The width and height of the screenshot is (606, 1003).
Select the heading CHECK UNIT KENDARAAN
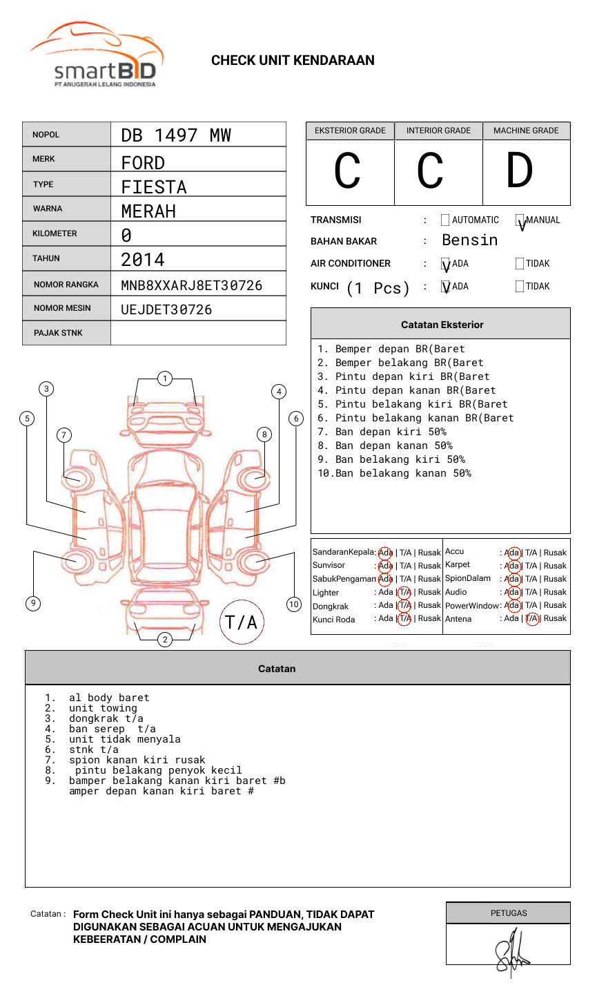click(293, 61)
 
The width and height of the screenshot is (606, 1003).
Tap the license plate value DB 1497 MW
click(176, 135)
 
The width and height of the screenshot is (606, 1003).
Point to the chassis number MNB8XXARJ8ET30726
click(191, 285)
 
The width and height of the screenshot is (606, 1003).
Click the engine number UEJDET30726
click(166, 309)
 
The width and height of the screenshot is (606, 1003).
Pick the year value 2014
click(143, 260)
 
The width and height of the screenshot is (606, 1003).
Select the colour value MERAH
click(148, 211)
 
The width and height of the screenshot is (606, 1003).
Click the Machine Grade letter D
click(519, 171)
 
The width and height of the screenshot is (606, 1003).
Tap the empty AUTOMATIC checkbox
click(445, 220)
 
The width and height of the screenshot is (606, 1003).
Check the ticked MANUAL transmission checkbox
click(520, 220)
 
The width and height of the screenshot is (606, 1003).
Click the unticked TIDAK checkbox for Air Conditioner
click(520, 264)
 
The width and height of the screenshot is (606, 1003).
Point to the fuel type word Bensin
click(469, 240)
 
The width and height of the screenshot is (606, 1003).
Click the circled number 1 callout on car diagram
click(164, 378)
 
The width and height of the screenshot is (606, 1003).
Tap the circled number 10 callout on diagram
click(294, 604)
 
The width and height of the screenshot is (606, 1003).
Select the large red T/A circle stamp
click(241, 622)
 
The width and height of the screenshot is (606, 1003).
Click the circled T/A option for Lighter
click(404, 592)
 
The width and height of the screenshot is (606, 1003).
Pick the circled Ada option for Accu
click(512, 553)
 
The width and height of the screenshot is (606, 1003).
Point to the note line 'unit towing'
click(103, 708)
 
